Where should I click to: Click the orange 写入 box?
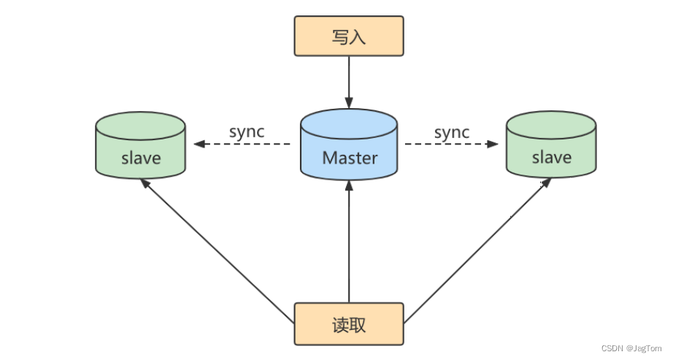[x=349, y=37]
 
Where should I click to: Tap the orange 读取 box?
[x=349, y=323]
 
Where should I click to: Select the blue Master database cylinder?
[x=349, y=146]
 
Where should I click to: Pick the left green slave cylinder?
[x=140, y=146]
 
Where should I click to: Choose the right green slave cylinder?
[x=551, y=146]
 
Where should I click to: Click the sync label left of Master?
[x=247, y=132]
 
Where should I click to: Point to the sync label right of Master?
[x=452, y=132]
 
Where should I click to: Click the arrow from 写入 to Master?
[x=349, y=80]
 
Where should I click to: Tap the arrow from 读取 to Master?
[x=349, y=241]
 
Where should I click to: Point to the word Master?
[x=350, y=157]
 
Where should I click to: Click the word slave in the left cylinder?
[x=140, y=157]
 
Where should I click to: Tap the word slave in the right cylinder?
[x=551, y=157]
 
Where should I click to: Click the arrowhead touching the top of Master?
[x=349, y=103]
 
